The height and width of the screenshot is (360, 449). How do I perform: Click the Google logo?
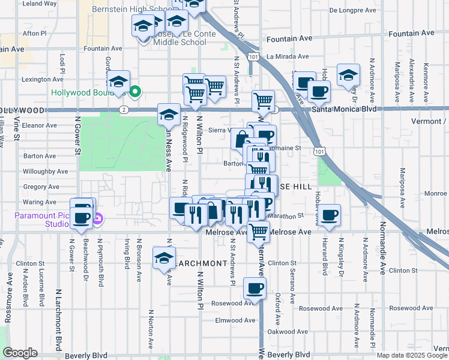tap(19, 353)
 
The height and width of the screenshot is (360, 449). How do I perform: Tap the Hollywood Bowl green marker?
tap(136, 92)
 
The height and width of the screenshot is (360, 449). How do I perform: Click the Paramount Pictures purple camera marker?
tap(97, 220)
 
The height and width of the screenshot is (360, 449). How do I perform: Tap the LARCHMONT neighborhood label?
tap(201, 263)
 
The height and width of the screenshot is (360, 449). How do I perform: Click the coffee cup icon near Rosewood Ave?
tap(255, 289)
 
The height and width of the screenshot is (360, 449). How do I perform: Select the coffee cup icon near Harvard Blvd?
tap(328, 215)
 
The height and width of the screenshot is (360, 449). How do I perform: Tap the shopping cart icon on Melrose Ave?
tap(258, 230)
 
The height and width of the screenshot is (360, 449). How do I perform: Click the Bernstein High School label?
tap(131, 10)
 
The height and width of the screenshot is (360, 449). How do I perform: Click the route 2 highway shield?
tap(122, 110)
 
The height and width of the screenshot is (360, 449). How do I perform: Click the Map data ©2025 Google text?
tap(412, 355)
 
